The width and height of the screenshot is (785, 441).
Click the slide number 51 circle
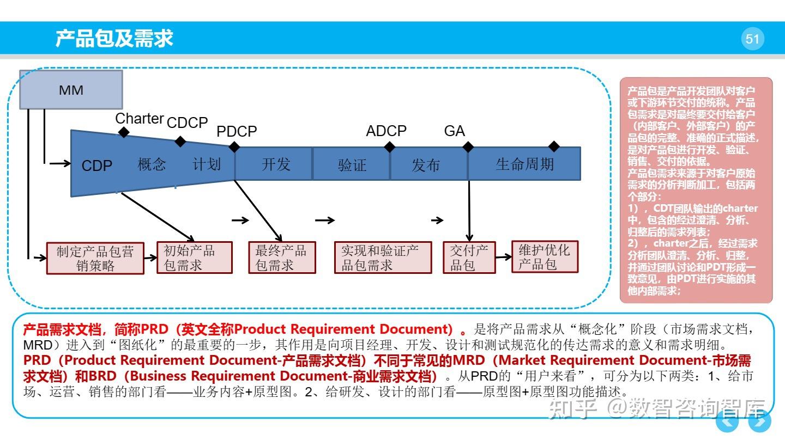tap(752, 39)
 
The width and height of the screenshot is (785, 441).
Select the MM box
tap(71, 90)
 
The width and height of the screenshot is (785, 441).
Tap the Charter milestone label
tap(139, 119)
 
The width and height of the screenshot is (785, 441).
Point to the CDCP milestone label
tap(187, 123)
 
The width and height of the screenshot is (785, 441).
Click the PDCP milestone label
tap(237, 132)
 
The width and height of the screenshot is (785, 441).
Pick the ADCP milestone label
tap(386, 131)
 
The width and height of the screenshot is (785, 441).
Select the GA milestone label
tap(454, 131)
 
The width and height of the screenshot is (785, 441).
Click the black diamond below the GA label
tap(468, 147)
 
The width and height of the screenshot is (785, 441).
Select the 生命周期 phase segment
tap(524, 164)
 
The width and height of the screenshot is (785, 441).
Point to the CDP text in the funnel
tap(96, 166)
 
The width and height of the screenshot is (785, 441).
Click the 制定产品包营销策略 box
tap(95, 258)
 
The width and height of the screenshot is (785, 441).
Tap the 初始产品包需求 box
tap(194, 258)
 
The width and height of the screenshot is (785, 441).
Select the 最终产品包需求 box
tap(282, 258)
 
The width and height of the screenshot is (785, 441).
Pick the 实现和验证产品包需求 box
tap(383, 258)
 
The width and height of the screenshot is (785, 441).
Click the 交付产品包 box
tap(469, 258)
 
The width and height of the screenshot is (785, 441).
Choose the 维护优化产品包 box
tap(545, 257)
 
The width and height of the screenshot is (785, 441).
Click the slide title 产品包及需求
tap(114, 39)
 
